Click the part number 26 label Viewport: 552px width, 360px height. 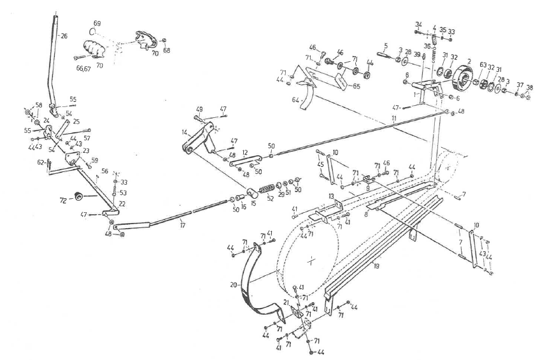pyautogui.click(x=63, y=36)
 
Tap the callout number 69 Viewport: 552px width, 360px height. pyautogui.click(x=97, y=23)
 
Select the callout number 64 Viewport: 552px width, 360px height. pyautogui.click(x=295, y=99)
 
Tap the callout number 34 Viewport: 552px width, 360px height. pyautogui.click(x=418, y=24)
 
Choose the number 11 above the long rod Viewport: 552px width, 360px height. pyautogui.click(x=394, y=119)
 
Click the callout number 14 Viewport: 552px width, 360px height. pyautogui.click(x=184, y=133)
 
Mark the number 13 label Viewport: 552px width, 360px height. pyautogui.click(x=331, y=195)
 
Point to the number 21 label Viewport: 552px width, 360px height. pyautogui.click(x=286, y=304)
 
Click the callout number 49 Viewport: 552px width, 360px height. pyautogui.click(x=199, y=109)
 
